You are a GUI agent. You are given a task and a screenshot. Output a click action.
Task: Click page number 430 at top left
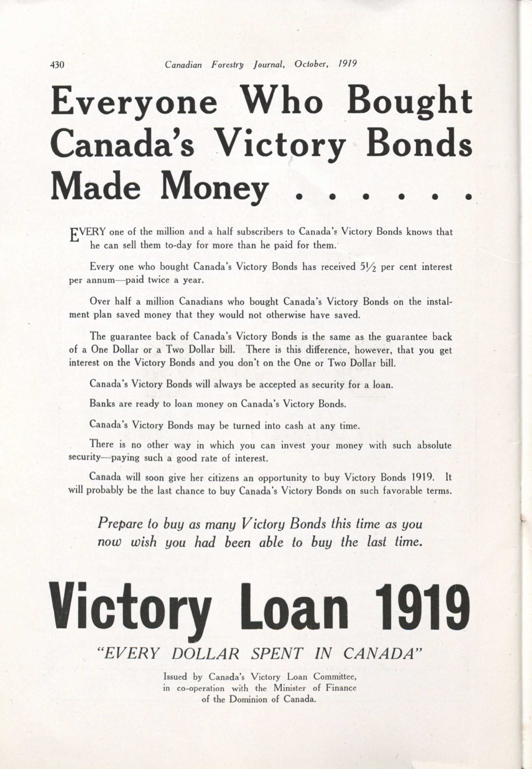click(57, 65)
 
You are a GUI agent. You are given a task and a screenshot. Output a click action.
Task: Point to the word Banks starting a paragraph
click(102, 404)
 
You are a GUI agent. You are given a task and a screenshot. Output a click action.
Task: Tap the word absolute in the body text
click(434, 446)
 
